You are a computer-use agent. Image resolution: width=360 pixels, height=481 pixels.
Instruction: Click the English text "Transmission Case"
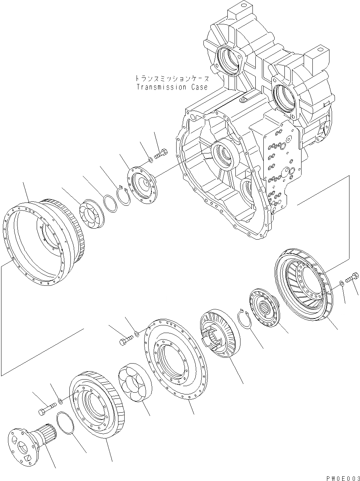(172, 87)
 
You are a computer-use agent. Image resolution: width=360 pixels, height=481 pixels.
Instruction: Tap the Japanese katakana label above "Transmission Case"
(172, 78)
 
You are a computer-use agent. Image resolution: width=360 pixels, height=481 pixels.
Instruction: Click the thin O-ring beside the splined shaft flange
(66, 423)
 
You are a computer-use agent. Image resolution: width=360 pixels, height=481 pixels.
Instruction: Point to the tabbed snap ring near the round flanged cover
(123, 196)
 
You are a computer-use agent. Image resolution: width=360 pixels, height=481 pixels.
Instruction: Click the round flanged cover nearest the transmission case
(142, 184)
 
